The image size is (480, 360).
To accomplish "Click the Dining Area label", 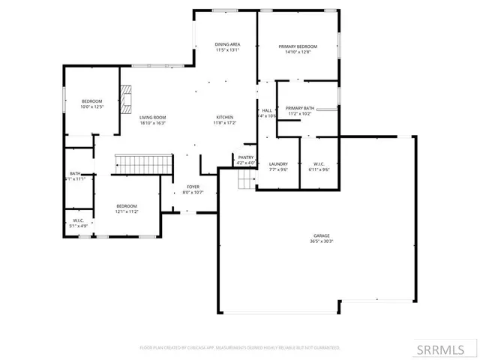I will [x=226, y=45].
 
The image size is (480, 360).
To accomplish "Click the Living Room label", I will [x=152, y=118].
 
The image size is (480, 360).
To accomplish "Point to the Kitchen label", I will [x=225, y=118].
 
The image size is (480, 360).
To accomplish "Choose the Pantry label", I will [x=246, y=157].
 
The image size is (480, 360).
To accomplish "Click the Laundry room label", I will [x=278, y=163].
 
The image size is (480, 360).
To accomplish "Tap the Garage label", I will [x=322, y=235].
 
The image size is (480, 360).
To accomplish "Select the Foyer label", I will [x=193, y=187].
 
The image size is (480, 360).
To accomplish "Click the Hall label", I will [x=267, y=110].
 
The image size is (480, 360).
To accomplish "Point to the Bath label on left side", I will [x=75, y=173].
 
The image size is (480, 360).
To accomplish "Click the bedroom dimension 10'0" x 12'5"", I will [x=91, y=106].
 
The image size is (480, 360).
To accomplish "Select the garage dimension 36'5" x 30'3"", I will [x=322, y=241].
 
